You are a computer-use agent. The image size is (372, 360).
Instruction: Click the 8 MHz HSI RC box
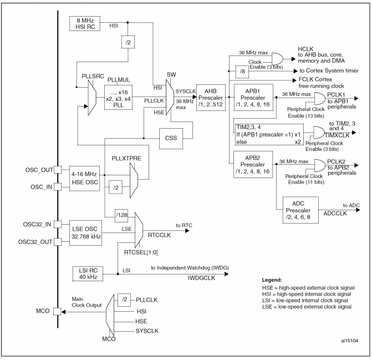(x=85, y=23)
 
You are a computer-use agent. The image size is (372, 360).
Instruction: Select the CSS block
(x=171, y=139)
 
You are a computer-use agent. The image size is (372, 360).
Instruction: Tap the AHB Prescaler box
(x=211, y=98)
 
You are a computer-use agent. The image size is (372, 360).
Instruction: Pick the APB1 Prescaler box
(x=253, y=97)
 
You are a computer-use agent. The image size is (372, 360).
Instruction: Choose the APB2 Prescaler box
(x=253, y=164)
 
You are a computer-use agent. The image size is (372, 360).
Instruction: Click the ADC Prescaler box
(x=300, y=210)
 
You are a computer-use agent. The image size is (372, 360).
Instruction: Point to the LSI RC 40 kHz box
(x=88, y=273)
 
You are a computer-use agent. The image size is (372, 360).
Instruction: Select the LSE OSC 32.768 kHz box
(x=85, y=233)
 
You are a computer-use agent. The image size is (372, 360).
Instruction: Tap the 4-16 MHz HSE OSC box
(x=84, y=179)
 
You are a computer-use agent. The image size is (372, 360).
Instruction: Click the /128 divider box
(x=121, y=215)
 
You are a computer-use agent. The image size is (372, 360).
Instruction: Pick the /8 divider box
(x=242, y=72)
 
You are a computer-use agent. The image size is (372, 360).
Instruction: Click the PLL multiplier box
(x=119, y=97)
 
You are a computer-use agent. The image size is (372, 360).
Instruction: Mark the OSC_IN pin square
(x=58, y=187)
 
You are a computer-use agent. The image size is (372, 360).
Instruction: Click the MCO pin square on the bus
(x=57, y=312)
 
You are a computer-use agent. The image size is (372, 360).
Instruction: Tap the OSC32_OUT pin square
(x=58, y=242)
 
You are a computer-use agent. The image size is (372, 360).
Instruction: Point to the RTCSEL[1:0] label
(x=141, y=252)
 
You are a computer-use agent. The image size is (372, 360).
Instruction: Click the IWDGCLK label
(x=201, y=278)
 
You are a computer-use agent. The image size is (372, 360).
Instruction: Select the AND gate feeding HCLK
(x=277, y=59)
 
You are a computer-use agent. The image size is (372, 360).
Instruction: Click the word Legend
(x=272, y=280)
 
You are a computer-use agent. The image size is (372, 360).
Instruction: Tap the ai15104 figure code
(x=350, y=341)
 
